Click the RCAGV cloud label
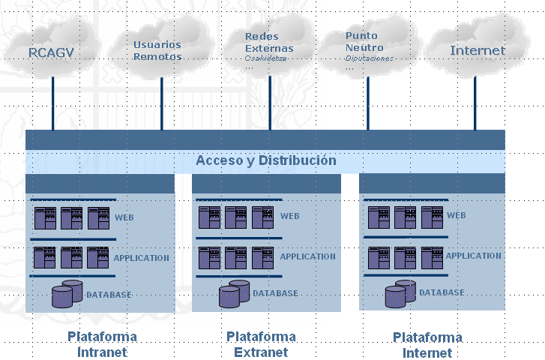click(52, 52)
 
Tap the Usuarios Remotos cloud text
click(157, 50)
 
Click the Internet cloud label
click(478, 51)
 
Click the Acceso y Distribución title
click(265, 160)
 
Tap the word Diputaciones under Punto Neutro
click(370, 58)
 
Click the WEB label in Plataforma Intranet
click(124, 218)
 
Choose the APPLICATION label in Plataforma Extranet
click(307, 256)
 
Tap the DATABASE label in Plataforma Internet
click(441, 292)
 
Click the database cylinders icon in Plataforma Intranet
click(67, 293)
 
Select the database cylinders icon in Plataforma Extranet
click(234, 293)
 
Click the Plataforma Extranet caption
click(261, 344)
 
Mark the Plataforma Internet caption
click(427, 345)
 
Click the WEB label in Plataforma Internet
click(456, 216)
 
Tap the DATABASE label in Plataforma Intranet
click(109, 295)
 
